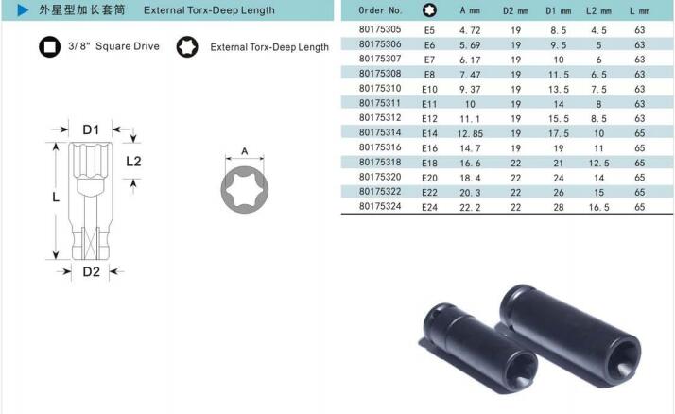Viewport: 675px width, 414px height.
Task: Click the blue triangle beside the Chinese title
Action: point(23,9)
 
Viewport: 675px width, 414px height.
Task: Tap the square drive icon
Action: point(49,46)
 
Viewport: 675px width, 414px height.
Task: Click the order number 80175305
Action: point(380,29)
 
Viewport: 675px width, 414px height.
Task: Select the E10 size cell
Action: point(429,89)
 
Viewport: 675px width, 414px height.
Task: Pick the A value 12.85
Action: point(470,134)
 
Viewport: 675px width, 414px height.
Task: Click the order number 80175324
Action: point(380,207)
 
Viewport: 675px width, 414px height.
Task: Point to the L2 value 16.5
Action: point(598,207)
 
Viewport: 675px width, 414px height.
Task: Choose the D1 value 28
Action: point(559,207)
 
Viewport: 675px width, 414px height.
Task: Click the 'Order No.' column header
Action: point(381,10)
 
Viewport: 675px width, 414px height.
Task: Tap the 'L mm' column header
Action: point(639,10)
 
